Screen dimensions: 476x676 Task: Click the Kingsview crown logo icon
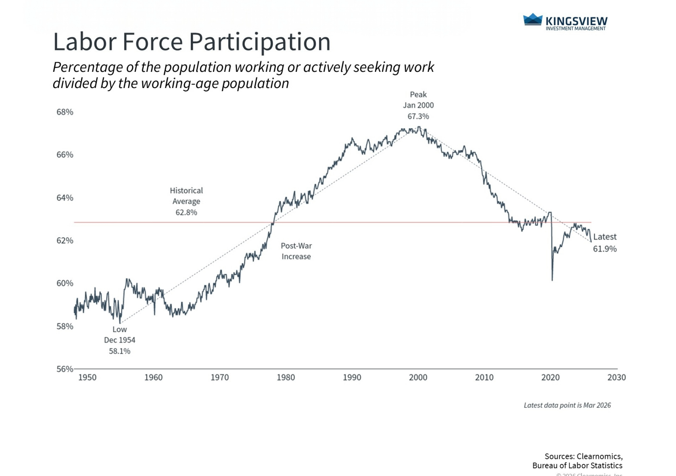532,19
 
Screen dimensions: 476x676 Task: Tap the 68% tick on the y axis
65,112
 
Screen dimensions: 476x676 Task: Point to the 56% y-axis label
65,369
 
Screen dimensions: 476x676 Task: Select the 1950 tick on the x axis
87,377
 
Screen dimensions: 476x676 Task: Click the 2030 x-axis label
616,377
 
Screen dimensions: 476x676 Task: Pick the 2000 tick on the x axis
418,377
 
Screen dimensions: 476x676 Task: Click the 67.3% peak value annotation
418,116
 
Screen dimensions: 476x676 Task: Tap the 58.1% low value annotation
119,351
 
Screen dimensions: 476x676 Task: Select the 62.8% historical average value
186,212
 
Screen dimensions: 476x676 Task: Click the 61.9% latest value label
605,249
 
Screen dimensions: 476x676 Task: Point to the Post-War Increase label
296,251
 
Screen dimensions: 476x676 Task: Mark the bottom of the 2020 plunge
552,280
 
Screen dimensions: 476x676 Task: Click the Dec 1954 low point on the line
120,323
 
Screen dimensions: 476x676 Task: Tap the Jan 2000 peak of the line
419,127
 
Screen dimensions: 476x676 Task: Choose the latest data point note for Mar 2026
567,405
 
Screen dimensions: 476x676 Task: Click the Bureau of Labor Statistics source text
577,466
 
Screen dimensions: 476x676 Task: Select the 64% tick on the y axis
65,198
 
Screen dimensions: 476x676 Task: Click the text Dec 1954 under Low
119,340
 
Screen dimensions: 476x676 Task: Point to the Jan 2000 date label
418,105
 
